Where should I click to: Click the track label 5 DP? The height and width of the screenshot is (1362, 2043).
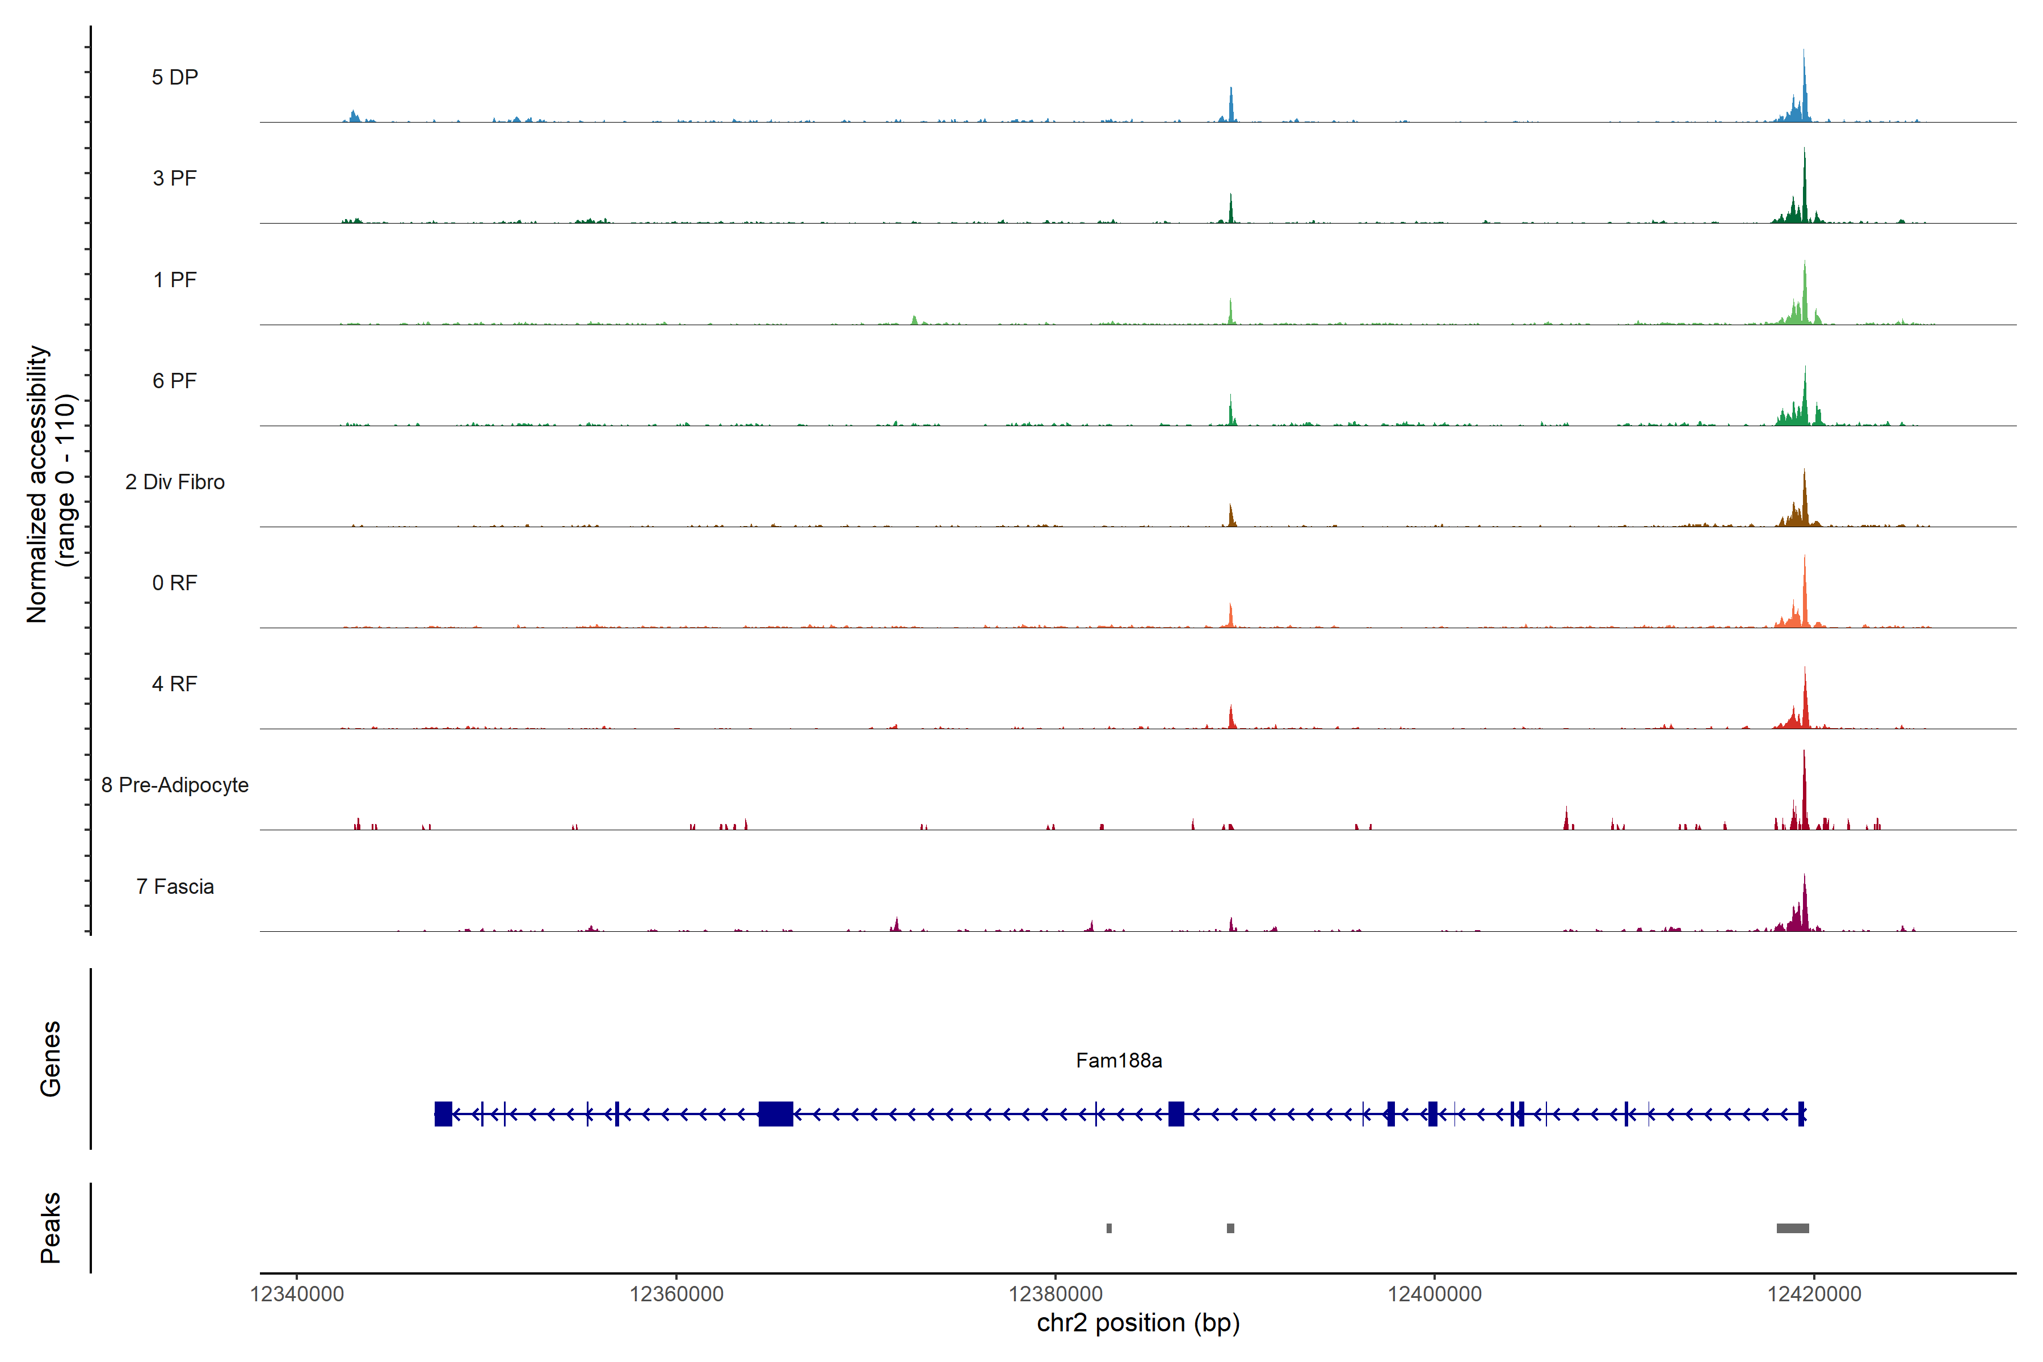(x=175, y=77)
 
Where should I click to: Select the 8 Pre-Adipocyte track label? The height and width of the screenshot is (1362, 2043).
(x=175, y=785)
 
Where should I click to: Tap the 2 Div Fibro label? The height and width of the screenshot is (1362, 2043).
(x=175, y=482)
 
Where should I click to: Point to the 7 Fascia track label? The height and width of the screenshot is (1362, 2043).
(x=175, y=887)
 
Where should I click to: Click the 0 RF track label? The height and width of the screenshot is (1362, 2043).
(x=175, y=583)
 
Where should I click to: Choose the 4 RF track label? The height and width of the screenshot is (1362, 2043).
(x=175, y=684)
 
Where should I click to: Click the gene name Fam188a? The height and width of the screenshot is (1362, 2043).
(x=1119, y=1061)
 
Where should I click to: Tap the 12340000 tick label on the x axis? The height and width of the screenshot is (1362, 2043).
(x=297, y=1294)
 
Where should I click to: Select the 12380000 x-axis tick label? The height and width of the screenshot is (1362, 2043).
(x=1056, y=1294)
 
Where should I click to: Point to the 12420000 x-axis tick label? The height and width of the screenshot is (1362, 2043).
(x=1814, y=1294)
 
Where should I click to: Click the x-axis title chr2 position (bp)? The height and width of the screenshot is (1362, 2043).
(x=1138, y=1323)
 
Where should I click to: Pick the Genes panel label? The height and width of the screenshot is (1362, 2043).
(x=51, y=1059)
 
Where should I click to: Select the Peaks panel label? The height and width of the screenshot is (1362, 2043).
(x=51, y=1228)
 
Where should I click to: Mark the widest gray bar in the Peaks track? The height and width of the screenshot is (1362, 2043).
(x=1793, y=1228)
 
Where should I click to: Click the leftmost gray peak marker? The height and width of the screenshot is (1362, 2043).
(x=1109, y=1228)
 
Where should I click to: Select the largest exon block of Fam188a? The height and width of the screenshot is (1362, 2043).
(x=776, y=1113)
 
